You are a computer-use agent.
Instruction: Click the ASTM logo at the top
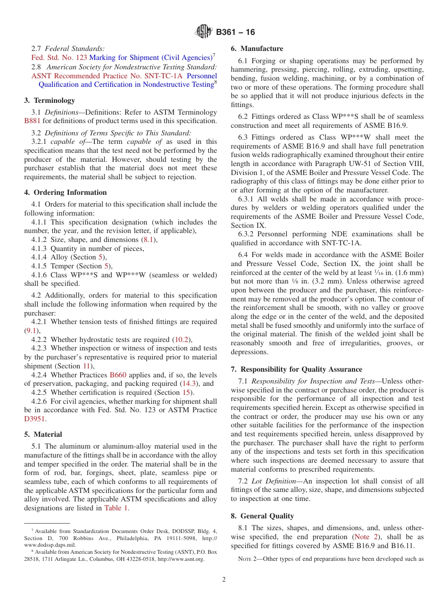pos(204,32)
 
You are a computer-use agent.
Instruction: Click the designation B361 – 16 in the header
pos(235,32)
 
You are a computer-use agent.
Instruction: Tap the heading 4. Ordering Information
pos(66,192)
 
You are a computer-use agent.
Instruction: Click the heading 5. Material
pos(43,434)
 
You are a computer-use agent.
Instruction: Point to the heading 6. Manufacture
pos(257,49)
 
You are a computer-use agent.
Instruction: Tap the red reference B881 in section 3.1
pos(32,121)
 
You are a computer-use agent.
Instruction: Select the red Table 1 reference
pos(116,508)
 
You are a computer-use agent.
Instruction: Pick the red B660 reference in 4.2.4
pos(118,375)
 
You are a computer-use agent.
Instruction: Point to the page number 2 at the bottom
pos(224,579)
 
